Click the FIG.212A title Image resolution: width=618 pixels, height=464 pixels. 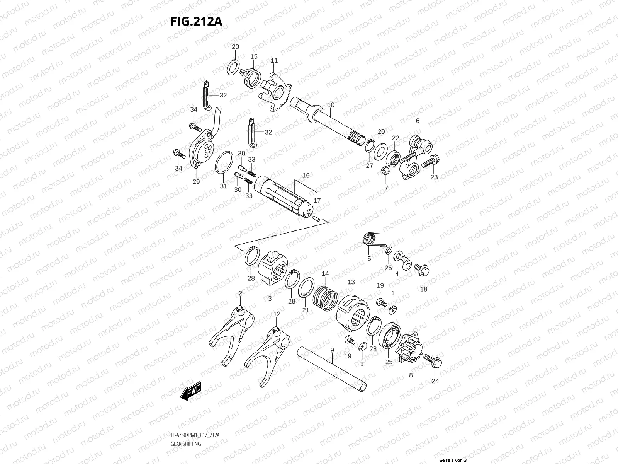(x=196, y=22)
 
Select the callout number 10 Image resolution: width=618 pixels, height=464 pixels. (x=331, y=105)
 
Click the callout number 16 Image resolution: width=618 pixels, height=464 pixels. (x=306, y=176)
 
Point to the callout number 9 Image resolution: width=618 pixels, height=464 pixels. (x=332, y=350)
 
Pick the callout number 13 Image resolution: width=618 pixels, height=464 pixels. (x=351, y=282)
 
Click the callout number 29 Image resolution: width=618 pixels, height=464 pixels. (x=196, y=181)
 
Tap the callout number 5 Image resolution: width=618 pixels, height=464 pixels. (x=369, y=259)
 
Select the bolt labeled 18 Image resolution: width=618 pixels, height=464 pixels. (x=420, y=269)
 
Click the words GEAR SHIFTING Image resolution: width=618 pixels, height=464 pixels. (x=186, y=444)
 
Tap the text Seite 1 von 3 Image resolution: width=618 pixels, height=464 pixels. (x=453, y=460)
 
